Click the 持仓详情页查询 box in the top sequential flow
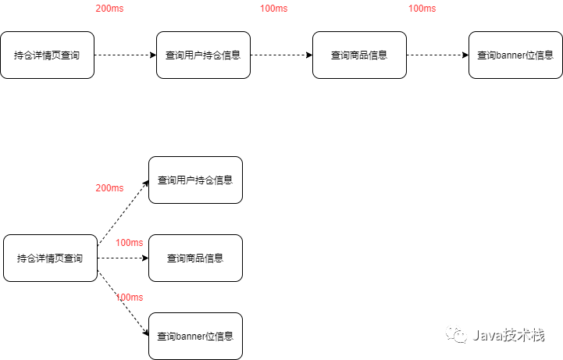click(47, 55)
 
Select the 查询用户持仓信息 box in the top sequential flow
click(203, 55)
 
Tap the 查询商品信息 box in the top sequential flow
click(359, 55)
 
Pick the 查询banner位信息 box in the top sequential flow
click(515, 55)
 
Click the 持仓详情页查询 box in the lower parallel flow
click(50, 258)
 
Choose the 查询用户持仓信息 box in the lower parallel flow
click(195, 180)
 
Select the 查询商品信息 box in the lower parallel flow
click(195, 258)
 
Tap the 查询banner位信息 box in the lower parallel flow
click(195, 337)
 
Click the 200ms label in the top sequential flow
click(109, 9)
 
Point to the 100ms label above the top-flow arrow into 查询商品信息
click(273, 9)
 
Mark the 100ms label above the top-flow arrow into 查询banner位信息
click(422, 9)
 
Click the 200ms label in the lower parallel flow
click(109, 188)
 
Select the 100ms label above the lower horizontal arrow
click(129, 243)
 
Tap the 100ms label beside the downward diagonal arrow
click(129, 298)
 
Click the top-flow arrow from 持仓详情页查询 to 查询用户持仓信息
click(125, 55)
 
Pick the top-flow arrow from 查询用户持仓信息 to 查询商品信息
click(281, 55)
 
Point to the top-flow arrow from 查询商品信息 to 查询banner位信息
click(437, 55)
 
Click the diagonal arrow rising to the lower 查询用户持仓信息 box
click(123, 213)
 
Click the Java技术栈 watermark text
click(508, 335)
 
